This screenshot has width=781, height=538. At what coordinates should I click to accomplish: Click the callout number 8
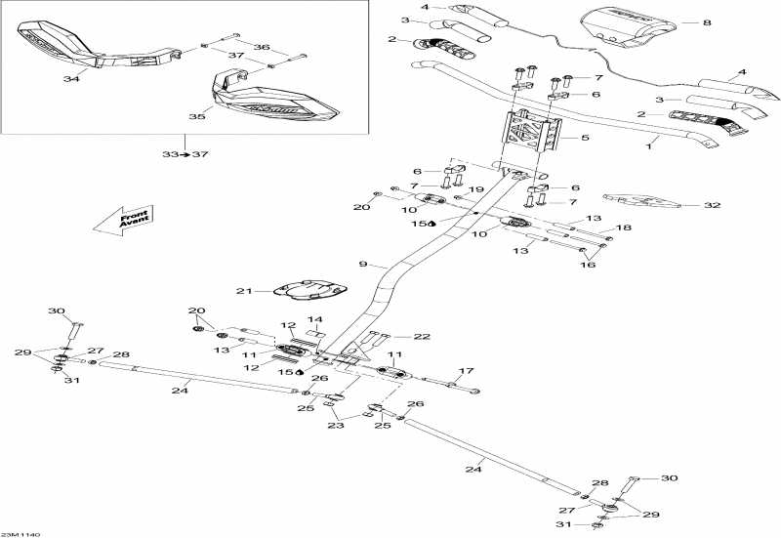pyautogui.click(x=707, y=21)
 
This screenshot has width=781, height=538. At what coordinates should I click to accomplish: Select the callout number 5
pyautogui.click(x=585, y=139)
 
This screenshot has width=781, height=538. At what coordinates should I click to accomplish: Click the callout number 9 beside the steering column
pyautogui.click(x=362, y=264)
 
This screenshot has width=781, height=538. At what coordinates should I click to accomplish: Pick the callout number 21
pyautogui.click(x=245, y=291)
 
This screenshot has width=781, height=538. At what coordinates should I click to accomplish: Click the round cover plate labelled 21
pyautogui.click(x=308, y=290)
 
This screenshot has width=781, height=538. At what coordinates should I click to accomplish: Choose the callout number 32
pyautogui.click(x=713, y=206)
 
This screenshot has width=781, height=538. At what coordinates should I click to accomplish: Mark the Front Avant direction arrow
pyautogui.click(x=120, y=221)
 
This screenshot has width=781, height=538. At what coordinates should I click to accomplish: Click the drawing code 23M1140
pyautogui.click(x=19, y=533)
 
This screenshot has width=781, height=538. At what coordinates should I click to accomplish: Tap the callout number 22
pyautogui.click(x=422, y=337)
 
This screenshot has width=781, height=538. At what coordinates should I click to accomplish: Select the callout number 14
pyautogui.click(x=315, y=320)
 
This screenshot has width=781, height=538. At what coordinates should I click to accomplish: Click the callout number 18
pyautogui.click(x=623, y=228)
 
